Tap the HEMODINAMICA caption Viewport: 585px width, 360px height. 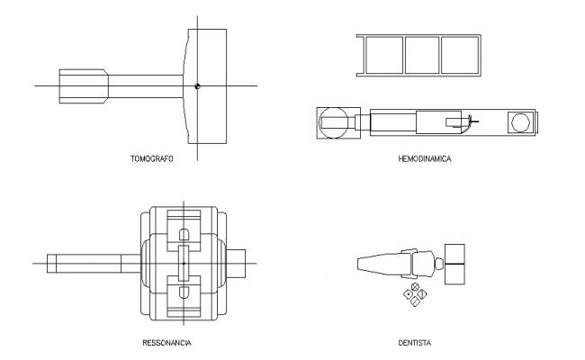tap(424, 158)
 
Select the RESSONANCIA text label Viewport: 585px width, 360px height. tap(166, 343)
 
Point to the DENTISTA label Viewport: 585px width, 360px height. tap(417, 343)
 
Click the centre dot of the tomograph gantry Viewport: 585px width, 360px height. tap(197, 85)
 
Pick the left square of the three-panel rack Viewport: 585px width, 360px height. tap(380, 54)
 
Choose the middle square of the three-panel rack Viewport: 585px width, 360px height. tap(419, 54)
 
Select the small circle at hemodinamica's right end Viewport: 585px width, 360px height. tap(519, 121)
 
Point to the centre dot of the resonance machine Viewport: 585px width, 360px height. tap(182, 263)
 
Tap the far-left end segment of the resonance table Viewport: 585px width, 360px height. tap(53, 263)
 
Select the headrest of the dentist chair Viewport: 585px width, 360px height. tap(438, 264)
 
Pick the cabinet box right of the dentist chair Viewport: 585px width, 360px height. tap(455, 264)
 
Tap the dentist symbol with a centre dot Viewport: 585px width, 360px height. tap(408, 294)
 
